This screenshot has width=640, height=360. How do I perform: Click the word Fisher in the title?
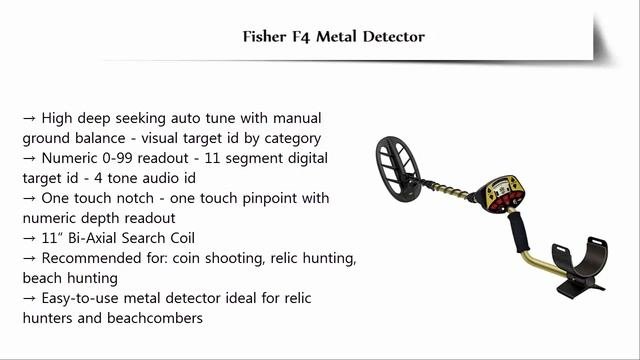pos(264,37)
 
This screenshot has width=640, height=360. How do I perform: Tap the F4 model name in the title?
pos(301,37)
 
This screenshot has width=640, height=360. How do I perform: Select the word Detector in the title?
pos(394,37)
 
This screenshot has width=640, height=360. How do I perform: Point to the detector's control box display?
pos(501,193)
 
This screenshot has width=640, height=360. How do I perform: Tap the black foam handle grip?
pos(518,231)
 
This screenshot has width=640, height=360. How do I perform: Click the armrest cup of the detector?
pos(580,260)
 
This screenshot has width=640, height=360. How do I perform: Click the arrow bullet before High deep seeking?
pos(29,118)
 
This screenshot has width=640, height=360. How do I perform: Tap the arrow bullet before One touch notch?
pos(29,198)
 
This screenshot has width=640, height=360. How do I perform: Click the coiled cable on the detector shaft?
pos(446,189)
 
